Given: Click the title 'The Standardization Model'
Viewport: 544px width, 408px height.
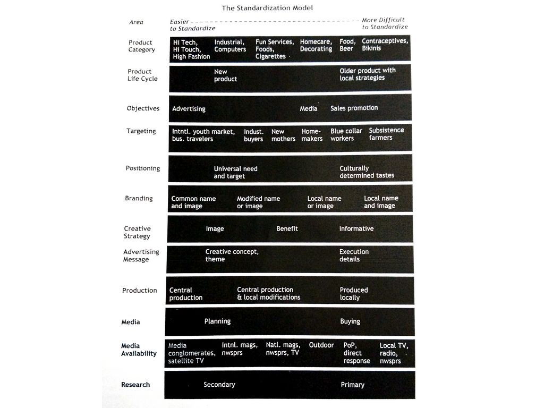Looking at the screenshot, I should (x=267, y=8).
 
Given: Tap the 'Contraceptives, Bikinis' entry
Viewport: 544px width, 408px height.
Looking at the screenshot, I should (x=385, y=45).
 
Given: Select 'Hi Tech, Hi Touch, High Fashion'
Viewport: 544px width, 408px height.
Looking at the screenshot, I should (x=191, y=49).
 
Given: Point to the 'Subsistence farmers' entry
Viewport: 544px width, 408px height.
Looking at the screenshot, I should (x=386, y=134).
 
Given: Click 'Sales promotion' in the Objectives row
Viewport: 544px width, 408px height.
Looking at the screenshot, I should (x=354, y=108).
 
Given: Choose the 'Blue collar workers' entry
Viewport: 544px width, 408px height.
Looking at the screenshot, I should (x=346, y=134).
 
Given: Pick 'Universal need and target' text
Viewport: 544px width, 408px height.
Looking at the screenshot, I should (x=235, y=172).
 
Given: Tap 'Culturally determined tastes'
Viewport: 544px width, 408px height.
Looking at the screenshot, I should (x=367, y=172).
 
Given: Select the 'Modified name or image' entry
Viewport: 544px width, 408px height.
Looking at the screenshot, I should (x=258, y=202).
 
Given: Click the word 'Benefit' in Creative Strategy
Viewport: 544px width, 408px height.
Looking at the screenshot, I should (x=287, y=228).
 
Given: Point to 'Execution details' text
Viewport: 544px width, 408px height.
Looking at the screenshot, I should (x=354, y=256).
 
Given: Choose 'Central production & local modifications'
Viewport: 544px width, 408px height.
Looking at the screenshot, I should (x=268, y=293).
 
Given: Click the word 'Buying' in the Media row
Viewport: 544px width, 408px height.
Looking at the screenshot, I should (x=350, y=321).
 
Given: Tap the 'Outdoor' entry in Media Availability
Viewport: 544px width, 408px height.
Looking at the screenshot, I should (x=321, y=345).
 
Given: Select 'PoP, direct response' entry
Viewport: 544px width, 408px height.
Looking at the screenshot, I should (x=356, y=353).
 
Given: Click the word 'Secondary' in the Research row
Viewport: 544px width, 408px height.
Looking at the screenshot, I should (x=219, y=385).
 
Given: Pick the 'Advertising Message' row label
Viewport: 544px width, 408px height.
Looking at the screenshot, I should (x=141, y=256).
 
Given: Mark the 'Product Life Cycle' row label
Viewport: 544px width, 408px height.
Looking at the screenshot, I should (x=142, y=75).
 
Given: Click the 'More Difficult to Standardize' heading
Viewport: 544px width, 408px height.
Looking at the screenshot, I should (x=385, y=23).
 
